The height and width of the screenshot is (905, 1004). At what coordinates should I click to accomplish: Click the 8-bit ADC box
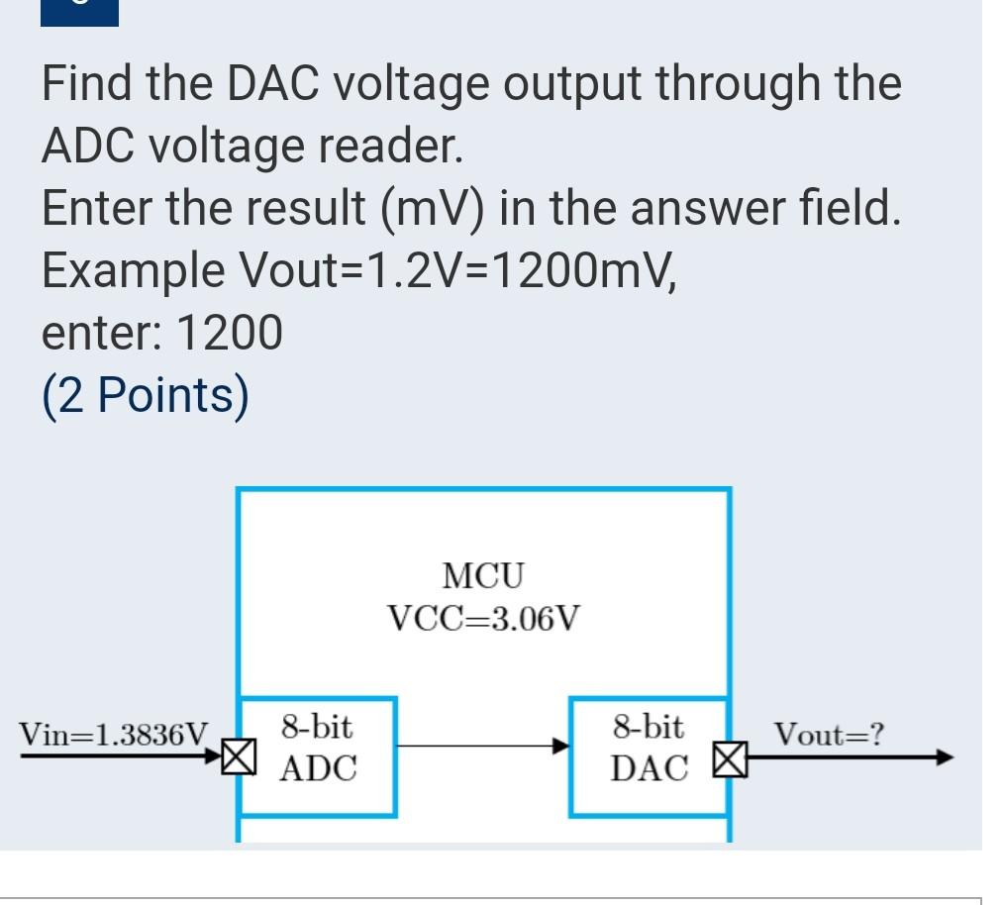(317, 755)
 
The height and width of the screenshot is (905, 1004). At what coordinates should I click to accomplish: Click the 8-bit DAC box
(649, 755)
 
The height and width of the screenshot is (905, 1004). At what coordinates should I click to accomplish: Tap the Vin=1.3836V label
(115, 734)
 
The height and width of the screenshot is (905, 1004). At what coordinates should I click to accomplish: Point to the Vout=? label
(830, 735)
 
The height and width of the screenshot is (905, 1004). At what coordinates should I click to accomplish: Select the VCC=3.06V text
(483, 619)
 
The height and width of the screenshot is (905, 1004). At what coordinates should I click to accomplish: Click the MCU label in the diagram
(483, 574)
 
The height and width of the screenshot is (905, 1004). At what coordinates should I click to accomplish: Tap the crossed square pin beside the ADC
(237, 757)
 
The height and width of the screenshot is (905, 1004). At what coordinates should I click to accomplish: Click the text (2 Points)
(146, 395)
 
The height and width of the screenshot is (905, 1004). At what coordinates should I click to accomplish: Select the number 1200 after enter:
(230, 333)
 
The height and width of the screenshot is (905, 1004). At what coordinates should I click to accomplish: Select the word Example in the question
(133, 270)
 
